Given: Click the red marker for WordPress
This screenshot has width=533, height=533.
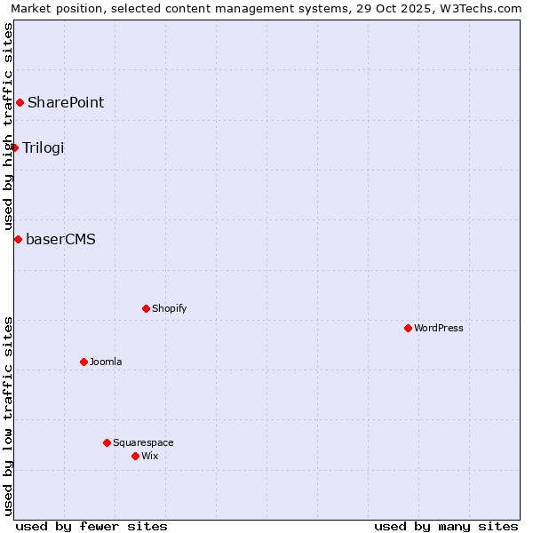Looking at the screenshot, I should point(408,328).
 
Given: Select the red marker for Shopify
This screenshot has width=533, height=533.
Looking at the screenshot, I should point(146,308).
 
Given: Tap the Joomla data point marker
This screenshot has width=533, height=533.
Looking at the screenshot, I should point(84,362).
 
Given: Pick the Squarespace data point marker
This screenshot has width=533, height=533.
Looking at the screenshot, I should point(107,442).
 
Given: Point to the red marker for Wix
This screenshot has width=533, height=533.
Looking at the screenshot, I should point(135,456).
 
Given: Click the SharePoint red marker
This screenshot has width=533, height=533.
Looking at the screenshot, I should point(20,102).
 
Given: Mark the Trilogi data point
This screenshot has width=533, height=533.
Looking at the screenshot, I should point(15,147).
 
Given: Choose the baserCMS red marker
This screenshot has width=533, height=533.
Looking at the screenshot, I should point(18,239).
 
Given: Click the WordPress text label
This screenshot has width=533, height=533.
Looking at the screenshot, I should point(439,328).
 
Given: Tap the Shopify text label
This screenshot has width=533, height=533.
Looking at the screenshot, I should point(170,308).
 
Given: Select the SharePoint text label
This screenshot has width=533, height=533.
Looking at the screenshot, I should point(66,102).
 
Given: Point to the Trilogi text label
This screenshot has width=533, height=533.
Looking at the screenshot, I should point(44,147).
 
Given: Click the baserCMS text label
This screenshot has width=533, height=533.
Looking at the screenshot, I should point(61,239).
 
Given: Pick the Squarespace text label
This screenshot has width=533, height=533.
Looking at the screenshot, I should point(143,442).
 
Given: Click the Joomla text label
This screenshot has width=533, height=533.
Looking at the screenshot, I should point(106,362).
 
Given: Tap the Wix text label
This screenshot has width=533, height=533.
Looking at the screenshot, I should point(150,456).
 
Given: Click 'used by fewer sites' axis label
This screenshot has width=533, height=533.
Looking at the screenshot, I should point(91,526).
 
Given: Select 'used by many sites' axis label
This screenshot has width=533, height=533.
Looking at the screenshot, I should point(446,526).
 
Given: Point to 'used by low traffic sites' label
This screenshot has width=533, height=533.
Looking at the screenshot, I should point(9,415).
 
